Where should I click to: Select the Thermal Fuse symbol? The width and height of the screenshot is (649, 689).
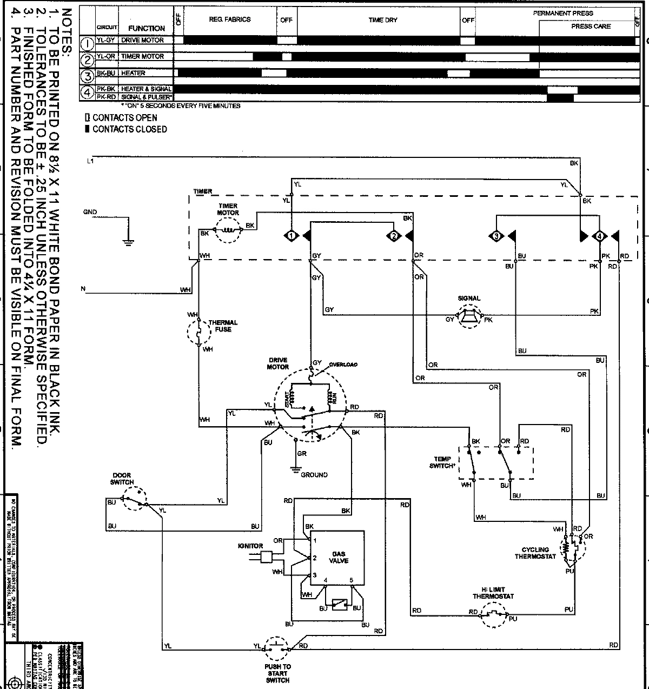198,332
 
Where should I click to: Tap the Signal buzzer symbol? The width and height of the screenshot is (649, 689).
468,319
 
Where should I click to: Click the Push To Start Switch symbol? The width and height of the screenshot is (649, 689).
277,646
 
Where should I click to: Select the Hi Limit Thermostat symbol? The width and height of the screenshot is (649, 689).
493,614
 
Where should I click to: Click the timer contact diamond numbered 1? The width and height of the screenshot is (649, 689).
291,236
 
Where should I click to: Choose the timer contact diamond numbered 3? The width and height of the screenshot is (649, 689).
495,236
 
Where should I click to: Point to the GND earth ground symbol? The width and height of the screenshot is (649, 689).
128,242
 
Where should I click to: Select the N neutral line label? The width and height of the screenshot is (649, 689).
83,289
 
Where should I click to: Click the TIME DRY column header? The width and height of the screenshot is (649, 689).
383,20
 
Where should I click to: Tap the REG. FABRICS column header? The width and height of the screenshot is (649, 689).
230,19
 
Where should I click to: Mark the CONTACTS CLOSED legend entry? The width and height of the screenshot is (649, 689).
125,129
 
